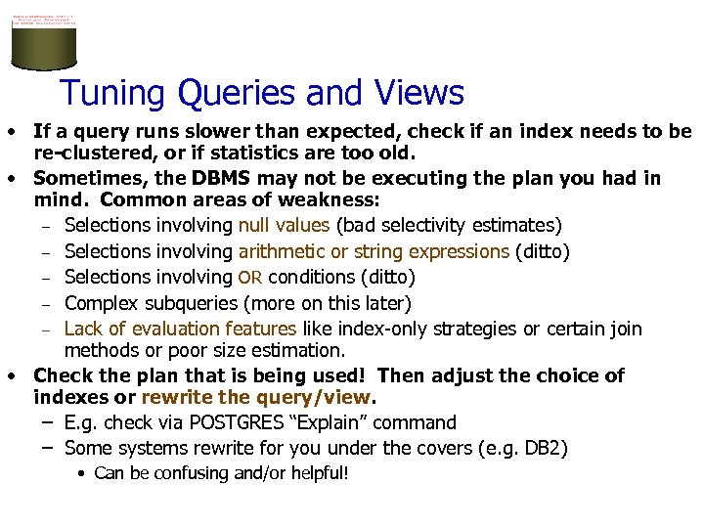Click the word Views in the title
[x=418, y=94]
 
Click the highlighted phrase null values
[x=284, y=227]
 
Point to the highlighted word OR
[x=251, y=278]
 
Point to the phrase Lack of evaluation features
[x=180, y=329]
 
